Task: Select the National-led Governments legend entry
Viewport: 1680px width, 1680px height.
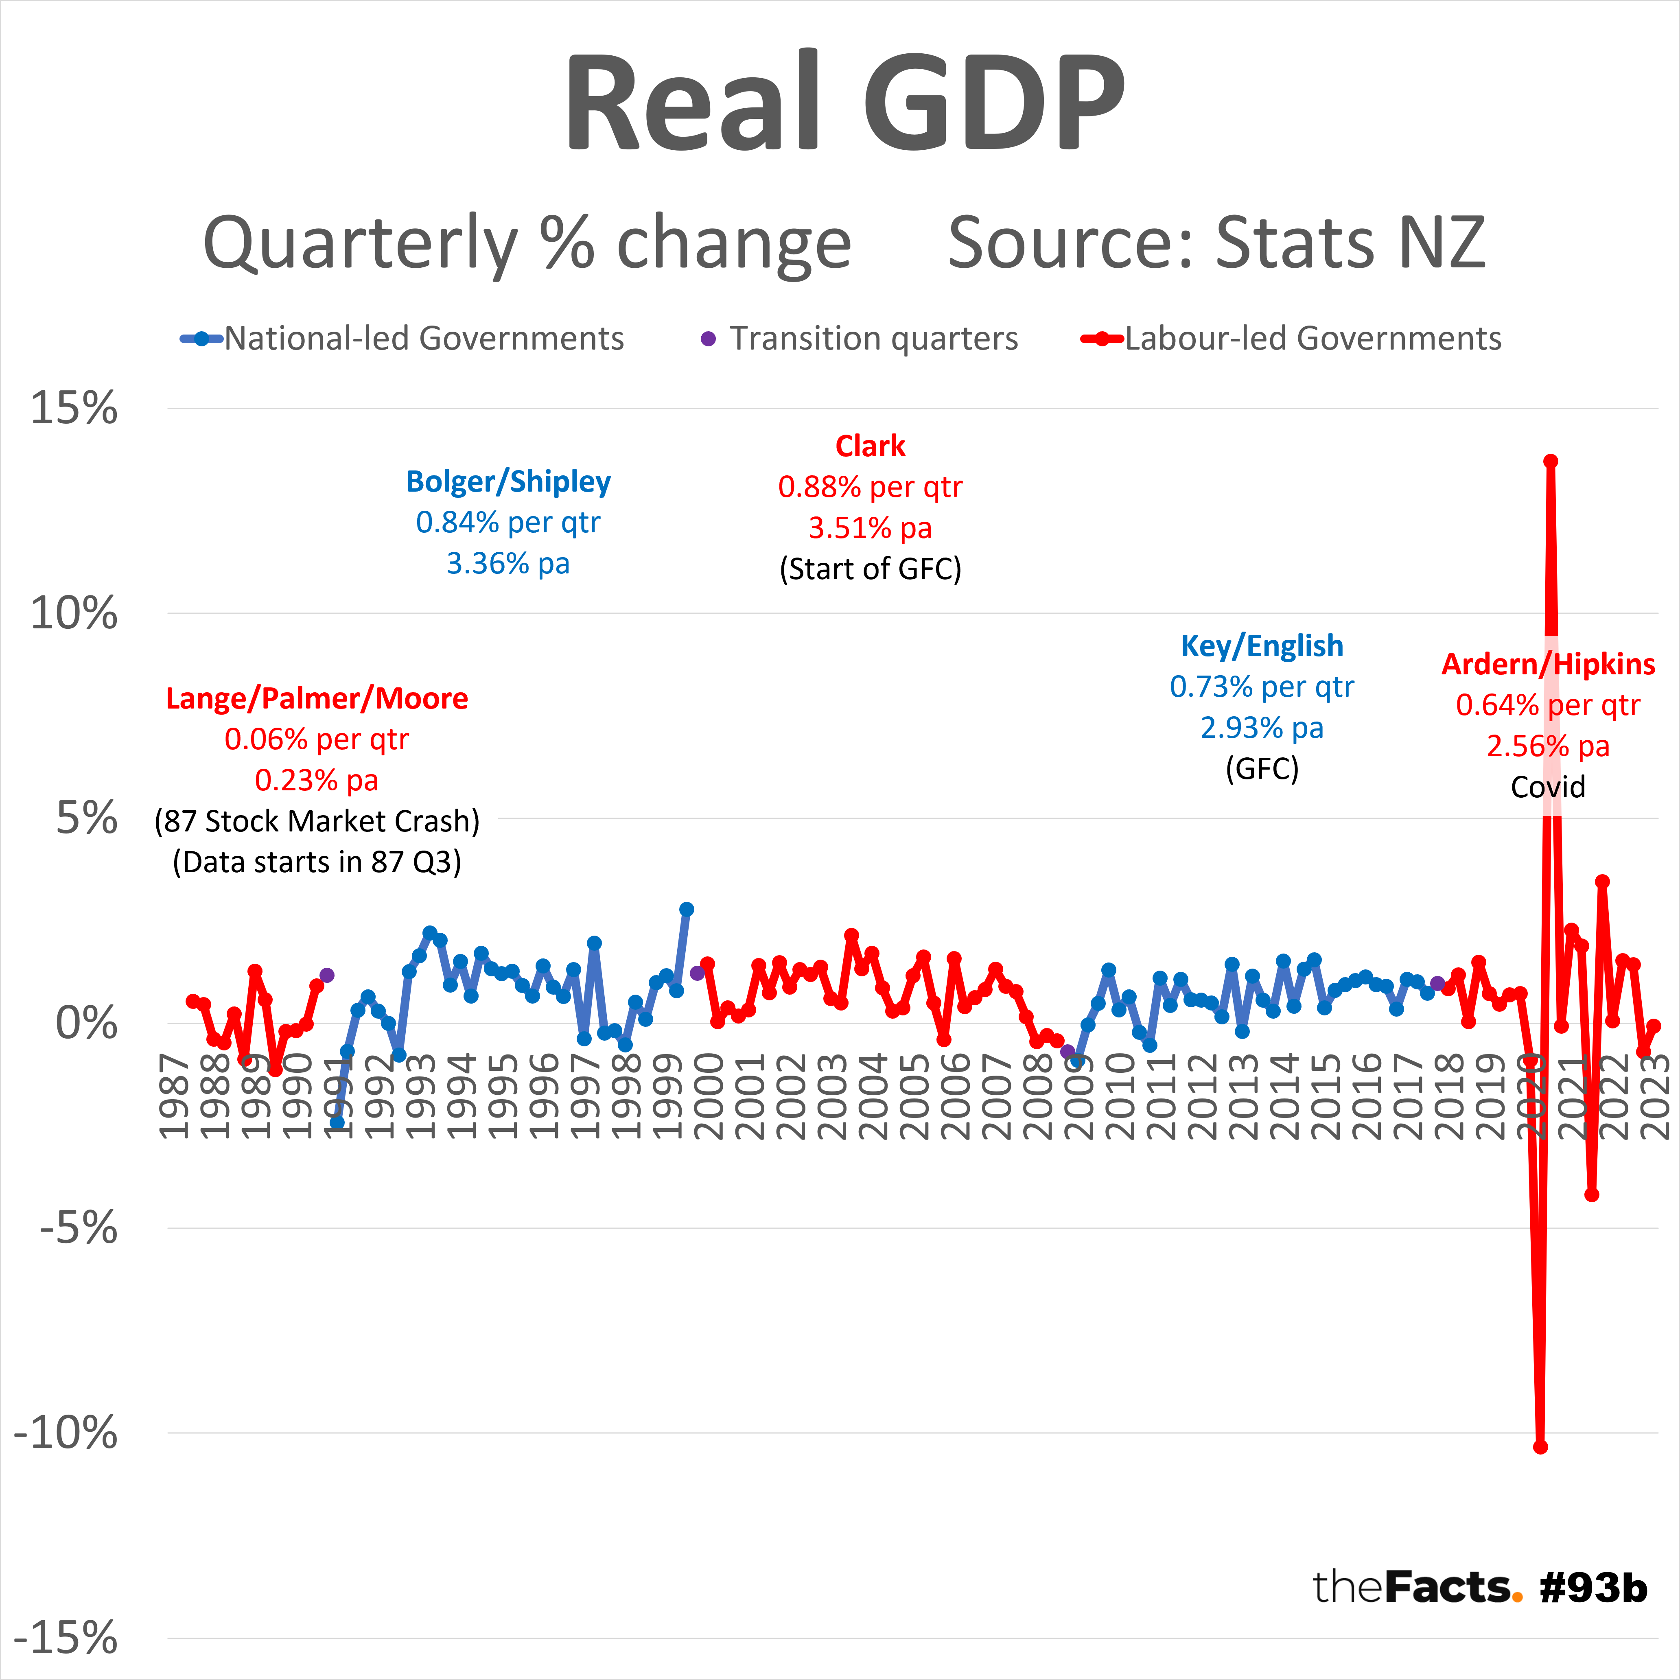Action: pos(424,338)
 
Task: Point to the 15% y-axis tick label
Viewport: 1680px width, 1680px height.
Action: pos(74,407)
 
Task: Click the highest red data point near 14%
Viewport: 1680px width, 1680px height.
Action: pos(1551,461)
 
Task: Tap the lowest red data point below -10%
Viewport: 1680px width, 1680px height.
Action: pos(1540,1447)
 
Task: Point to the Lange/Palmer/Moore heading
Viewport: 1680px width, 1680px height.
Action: pos(317,698)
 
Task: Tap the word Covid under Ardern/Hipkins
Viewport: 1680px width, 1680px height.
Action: pos(1548,787)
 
